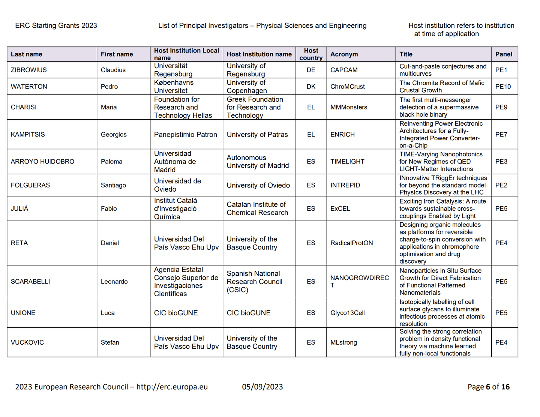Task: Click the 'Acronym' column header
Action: point(344,54)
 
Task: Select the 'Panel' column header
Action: point(504,54)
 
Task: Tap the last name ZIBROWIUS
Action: point(29,70)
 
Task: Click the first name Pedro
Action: point(109,87)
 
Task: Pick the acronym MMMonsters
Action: point(349,107)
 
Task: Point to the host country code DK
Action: point(311,87)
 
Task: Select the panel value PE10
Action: point(503,87)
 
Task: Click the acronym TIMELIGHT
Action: point(347,162)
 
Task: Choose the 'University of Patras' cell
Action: point(257,135)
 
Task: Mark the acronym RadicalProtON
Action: point(351,243)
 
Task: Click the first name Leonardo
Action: point(114,282)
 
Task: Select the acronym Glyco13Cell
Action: point(347,313)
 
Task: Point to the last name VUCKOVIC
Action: point(27,342)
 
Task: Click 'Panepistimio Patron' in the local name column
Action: point(185,135)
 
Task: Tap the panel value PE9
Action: point(501,107)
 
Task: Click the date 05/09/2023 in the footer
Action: point(262,387)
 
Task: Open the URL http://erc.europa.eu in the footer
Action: point(172,387)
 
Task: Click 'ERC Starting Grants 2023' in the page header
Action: point(56,25)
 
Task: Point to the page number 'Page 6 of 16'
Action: point(488,387)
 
